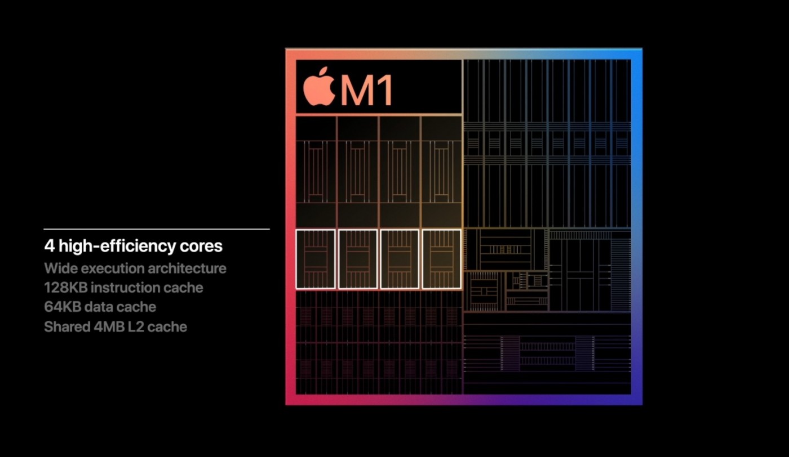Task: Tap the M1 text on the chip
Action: click(x=366, y=90)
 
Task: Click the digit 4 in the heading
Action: click(x=50, y=246)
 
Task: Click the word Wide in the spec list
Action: click(x=60, y=268)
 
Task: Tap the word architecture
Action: click(x=187, y=268)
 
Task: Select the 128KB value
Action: click(x=66, y=288)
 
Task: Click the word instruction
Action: click(x=125, y=288)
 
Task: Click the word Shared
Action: click(x=67, y=327)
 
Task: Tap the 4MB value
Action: click(x=109, y=327)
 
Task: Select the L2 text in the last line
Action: click(x=136, y=327)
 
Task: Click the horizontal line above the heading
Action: click(x=157, y=229)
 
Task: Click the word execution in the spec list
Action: click(x=112, y=268)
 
